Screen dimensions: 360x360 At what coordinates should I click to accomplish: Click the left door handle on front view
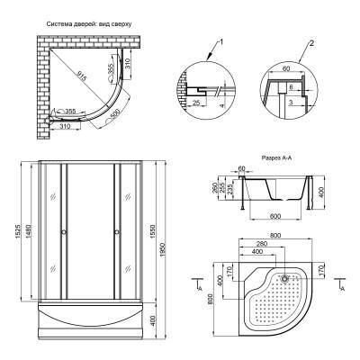[62, 233]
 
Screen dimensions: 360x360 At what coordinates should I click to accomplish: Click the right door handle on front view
[116, 233]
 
